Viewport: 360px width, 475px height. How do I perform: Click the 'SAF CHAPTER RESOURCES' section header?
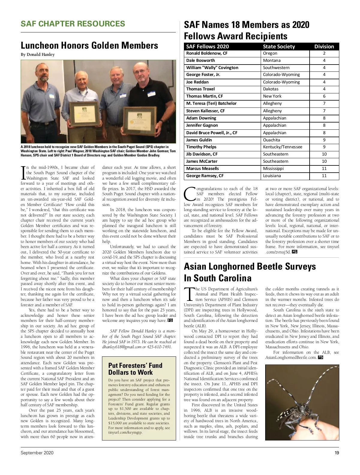click(73, 24)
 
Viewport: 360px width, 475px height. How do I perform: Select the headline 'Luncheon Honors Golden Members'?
click(89, 45)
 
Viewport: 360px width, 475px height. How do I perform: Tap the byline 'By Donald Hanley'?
click(38, 55)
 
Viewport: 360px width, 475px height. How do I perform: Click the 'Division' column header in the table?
click(324, 47)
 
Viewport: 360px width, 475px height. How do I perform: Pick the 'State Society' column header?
click(279, 47)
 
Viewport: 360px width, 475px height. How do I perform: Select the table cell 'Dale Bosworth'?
click(201, 60)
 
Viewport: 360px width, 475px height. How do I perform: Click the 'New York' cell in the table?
click(272, 96)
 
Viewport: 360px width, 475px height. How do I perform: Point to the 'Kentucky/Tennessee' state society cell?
click(283, 147)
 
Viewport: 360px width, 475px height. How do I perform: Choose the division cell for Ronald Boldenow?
click(324, 53)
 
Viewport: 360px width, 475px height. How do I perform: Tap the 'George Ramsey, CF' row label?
click(205, 176)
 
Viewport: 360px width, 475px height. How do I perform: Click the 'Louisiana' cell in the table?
click(272, 176)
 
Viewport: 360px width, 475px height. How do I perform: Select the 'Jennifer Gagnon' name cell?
click(202, 125)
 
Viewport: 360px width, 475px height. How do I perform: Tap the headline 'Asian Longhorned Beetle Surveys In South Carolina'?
click(250, 272)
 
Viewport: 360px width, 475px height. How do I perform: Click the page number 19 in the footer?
click(337, 453)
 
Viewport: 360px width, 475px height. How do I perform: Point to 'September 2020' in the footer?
click(37, 453)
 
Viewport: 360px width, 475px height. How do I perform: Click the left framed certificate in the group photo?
click(84, 114)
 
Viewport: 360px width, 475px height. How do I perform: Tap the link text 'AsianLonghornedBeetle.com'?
click(291, 358)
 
